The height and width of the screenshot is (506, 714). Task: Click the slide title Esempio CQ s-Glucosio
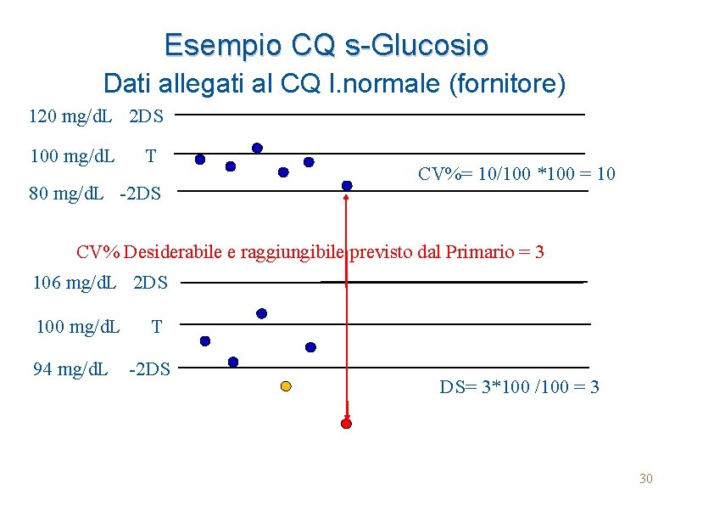[326, 44]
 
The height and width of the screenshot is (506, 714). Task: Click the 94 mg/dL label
[70, 369]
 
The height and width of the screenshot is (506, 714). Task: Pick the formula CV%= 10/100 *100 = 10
[516, 174]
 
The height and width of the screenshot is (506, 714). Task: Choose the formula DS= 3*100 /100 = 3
[519, 387]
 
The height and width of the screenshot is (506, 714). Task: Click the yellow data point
[286, 386]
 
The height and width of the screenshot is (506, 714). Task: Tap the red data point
[346, 423]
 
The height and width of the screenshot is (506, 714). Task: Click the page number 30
[646, 480]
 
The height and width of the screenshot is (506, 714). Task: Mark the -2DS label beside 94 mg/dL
[149, 369]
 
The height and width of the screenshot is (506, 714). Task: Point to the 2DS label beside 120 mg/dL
[147, 115]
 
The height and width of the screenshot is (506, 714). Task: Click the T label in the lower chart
[156, 325]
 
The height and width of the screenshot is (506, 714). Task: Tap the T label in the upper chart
[150, 156]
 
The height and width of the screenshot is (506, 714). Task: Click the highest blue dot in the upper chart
[257, 148]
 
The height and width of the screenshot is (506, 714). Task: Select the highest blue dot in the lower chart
[261, 313]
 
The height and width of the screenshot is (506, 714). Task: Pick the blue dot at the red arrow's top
[347, 185]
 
